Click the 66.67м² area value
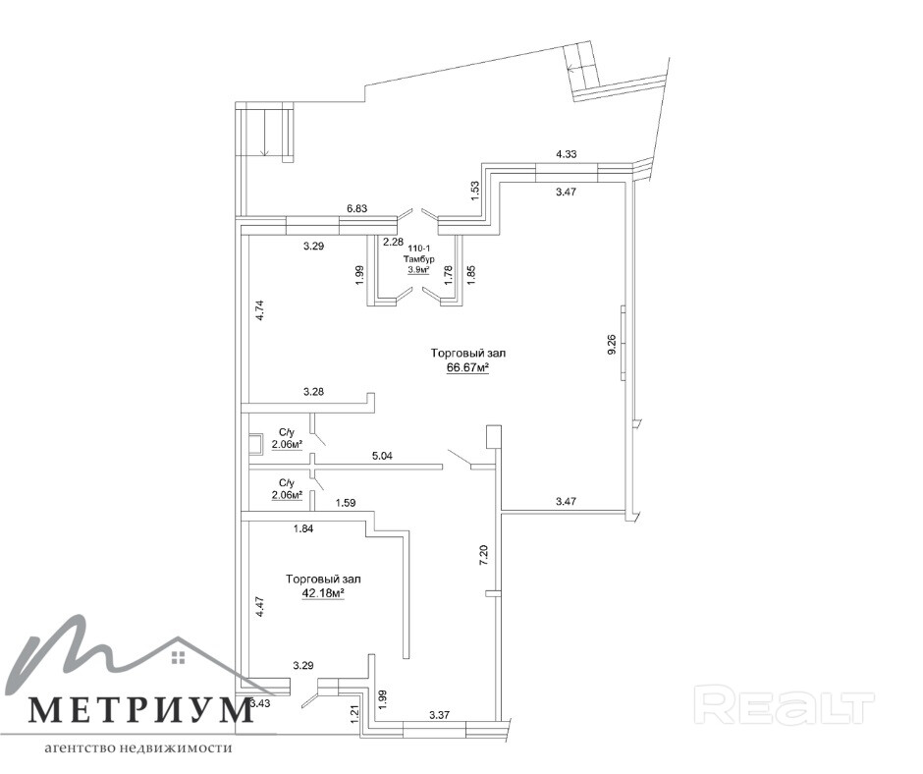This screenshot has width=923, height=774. (x=467, y=368)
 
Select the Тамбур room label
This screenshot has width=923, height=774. (x=419, y=259)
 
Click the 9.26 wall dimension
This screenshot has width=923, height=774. (x=612, y=345)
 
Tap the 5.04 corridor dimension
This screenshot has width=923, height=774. (x=382, y=457)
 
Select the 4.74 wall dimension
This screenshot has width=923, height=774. (x=260, y=310)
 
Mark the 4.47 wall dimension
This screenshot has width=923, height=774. (x=260, y=606)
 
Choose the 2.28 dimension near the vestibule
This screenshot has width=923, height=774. (x=393, y=242)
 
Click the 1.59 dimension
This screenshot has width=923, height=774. (x=345, y=504)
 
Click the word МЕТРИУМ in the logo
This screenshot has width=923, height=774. (x=139, y=710)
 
